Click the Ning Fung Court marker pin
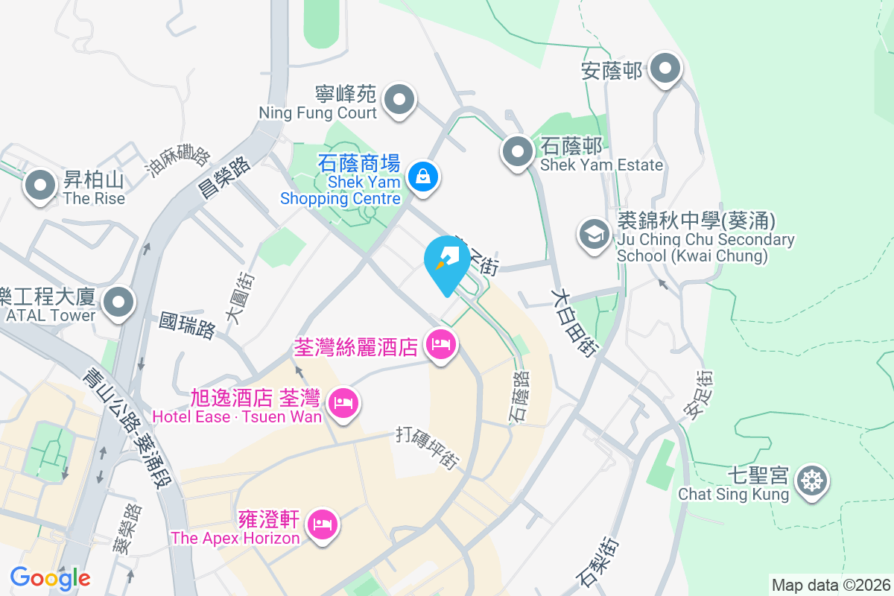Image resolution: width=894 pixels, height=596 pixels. tap(399, 99)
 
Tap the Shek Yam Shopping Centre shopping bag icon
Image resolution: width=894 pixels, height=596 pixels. tap(422, 177)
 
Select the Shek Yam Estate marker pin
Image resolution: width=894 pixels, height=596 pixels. tap(517, 153)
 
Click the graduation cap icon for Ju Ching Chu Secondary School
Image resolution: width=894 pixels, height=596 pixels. tap(595, 235)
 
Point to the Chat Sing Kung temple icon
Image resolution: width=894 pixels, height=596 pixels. tap(811, 481)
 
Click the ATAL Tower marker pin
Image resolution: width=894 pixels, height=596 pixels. tap(118, 303)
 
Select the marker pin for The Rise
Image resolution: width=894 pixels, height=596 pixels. tap(40, 186)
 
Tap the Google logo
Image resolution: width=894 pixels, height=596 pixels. tap(50, 578)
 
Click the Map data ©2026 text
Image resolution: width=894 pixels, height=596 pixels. tap(831, 585)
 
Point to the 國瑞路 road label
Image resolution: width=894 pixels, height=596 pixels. tap(187, 326)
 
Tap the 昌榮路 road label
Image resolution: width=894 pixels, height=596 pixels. tap(223, 176)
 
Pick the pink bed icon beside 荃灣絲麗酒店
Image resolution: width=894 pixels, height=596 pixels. tap(440, 345)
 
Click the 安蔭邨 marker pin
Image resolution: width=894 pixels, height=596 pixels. tap(665, 70)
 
